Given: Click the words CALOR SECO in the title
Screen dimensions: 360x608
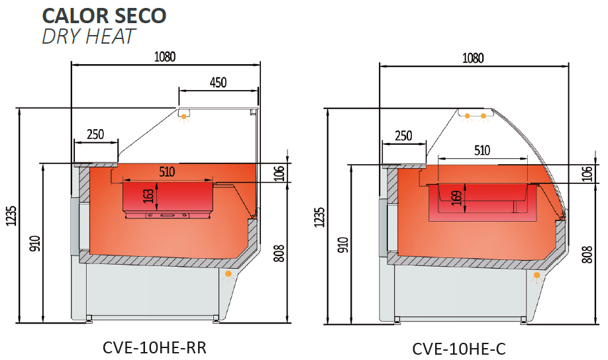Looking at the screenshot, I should click(x=104, y=15).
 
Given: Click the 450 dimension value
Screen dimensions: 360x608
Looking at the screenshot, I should click(x=218, y=83).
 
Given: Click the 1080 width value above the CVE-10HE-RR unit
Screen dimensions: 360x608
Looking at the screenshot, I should click(x=165, y=57).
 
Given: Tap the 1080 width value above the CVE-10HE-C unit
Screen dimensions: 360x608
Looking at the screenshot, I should click(x=473, y=58).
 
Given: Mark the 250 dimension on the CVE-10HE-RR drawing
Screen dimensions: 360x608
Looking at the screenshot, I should click(x=95, y=134).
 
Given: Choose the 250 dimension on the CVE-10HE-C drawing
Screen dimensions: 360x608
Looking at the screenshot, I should click(x=403, y=136).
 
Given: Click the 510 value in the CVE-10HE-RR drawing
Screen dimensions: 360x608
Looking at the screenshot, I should click(x=166, y=172).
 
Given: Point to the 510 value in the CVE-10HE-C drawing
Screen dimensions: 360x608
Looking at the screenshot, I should click(x=481, y=150).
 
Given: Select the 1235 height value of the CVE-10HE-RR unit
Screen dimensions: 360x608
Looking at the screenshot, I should click(x=12, y=216).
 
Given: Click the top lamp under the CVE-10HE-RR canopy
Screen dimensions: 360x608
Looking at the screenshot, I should click(x=184, y=116).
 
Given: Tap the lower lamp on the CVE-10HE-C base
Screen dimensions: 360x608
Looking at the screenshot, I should click(x=536, y=274).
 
